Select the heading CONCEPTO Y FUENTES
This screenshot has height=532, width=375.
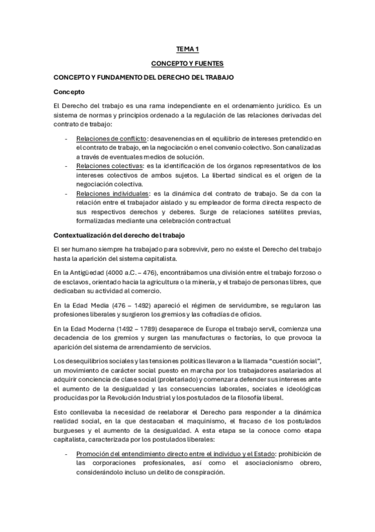click(x=187, y=64)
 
